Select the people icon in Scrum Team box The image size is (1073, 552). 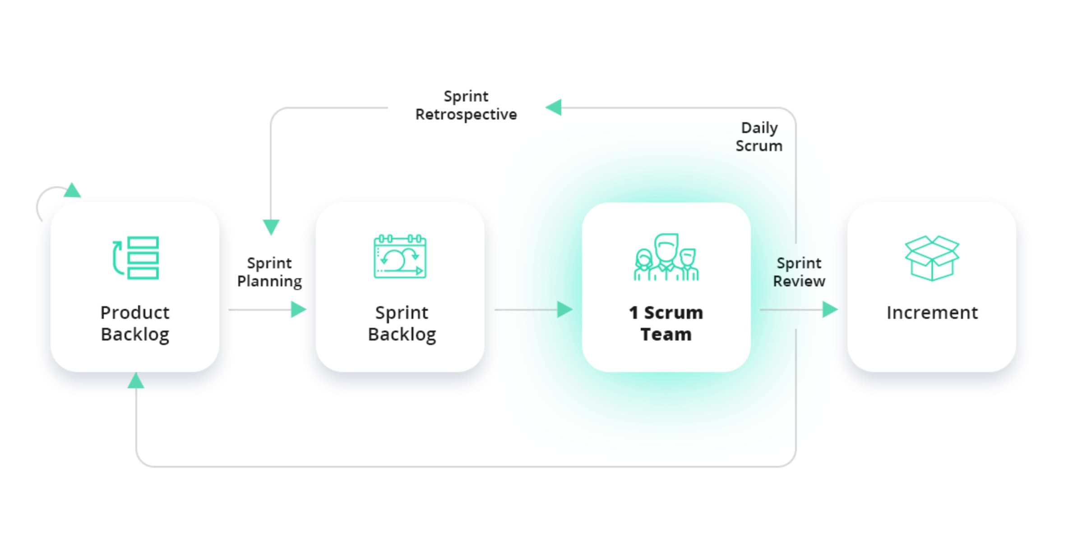point(666,258)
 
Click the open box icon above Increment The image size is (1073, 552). point(932,258)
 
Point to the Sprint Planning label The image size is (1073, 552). point(269,272)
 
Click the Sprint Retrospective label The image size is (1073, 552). point(466,105)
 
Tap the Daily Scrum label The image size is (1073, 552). point(759,137)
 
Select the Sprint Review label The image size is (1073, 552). point(799,272)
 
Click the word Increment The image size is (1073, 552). point(932,313)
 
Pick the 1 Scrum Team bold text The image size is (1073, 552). point(666,323)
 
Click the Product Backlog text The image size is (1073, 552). point(135,323)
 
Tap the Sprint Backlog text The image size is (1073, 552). point(402,323)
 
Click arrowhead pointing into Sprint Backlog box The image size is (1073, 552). point(298,310)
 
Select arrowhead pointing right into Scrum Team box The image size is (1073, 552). point(564,310)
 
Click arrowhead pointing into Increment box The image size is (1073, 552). point(830,310)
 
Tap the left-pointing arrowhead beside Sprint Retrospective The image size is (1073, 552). point(554,107)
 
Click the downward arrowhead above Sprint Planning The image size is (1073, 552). point(271,226)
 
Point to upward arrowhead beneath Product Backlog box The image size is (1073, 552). point(136,381)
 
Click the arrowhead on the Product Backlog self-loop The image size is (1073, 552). point(72,191)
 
